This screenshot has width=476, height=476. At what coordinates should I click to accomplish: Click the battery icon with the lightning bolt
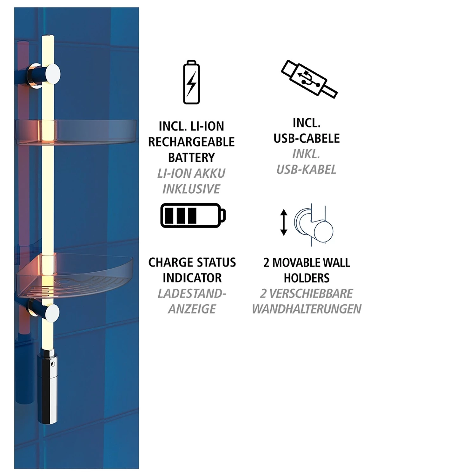[191, 82]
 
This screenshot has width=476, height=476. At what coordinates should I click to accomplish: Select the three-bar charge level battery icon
[193, 215]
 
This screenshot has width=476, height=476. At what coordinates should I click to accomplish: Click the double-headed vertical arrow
[284, 222]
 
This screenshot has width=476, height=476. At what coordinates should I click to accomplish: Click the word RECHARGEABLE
[191, 142]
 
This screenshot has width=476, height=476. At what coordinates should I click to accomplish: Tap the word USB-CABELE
[307, 138]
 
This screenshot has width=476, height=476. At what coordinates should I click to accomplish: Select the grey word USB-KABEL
[306, 170]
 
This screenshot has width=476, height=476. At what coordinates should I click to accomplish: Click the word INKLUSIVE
[191, 189]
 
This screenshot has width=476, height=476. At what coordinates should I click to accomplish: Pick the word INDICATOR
[192, 278]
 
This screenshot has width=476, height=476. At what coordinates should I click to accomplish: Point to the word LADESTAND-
[192, 294]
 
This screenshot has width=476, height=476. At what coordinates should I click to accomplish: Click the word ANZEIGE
[192, 309]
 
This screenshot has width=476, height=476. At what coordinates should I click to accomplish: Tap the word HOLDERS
[307, 278]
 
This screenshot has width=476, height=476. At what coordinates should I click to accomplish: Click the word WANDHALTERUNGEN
[307, 309]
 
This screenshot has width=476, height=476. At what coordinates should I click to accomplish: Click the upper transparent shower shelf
[76, 132]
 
